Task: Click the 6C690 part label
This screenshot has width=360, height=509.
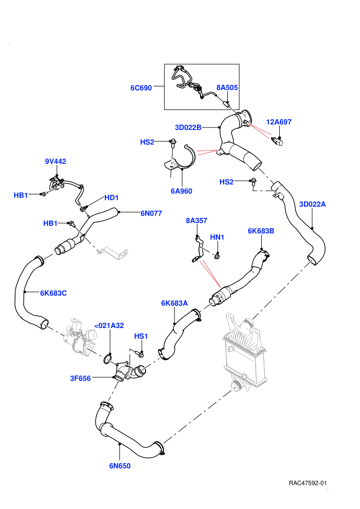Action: [x=141, y=88]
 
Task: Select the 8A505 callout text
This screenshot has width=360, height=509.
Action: [x=227, y=87]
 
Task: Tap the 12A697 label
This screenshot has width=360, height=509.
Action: [x=279, y=122]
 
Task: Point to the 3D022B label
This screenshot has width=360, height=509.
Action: [x=188, y=128]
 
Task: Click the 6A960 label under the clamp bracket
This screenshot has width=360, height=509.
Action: [x=182, y=191]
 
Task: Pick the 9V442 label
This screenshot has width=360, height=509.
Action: [x=56, y=161]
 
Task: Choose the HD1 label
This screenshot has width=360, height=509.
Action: [x=112, y=197]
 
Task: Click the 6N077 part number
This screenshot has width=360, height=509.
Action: [x=151, y=213]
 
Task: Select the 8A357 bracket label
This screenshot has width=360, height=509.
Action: [x=196, y=221]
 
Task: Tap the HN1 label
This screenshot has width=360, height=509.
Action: [x=217, y=237]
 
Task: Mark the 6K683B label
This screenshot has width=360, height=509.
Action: [x=261, y=231]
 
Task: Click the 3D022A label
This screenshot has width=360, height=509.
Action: [x=312, y=204]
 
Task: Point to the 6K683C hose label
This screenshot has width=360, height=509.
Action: [x=53, y=293]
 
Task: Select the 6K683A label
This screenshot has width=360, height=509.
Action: [x=174, y=303]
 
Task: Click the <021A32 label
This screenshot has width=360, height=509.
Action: [x=109, y=325]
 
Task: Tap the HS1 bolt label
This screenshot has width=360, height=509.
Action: [x=141, y=336]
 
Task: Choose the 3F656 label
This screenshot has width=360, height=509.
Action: [x=81, y=378]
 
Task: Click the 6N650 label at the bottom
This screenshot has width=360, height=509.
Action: [x=120, y=466]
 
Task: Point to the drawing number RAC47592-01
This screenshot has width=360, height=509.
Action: [x=308, y=483]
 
